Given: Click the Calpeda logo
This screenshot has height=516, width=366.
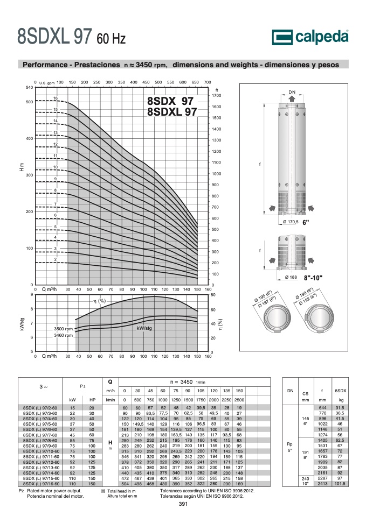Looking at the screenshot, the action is [310, 37].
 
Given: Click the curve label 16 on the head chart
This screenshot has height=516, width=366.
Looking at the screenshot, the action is [56, 98].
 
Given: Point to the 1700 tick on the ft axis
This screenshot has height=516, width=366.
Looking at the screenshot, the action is [217, 95].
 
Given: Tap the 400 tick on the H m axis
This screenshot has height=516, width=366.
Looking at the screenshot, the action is [30, 138].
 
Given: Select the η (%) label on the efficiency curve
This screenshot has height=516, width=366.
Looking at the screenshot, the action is [99, 301].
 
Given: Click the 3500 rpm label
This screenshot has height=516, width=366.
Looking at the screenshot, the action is [63, 329].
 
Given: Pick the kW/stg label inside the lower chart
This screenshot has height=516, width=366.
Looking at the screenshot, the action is [144, 328].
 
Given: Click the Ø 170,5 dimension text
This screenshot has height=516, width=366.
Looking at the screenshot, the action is [291, 222].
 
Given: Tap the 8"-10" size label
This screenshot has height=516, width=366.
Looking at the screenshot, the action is [313, 278].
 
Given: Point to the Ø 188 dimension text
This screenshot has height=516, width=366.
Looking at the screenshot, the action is [291, 277].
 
